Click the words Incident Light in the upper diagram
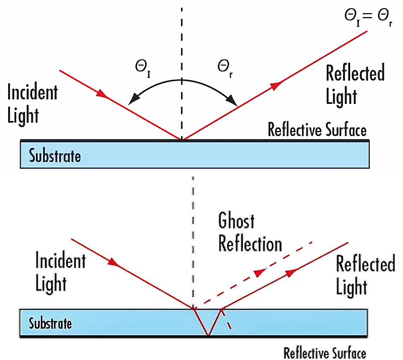click(32, 104)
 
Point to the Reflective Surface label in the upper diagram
click(317, 130)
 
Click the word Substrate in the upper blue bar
click(54, 156)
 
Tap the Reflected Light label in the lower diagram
click(365, 274)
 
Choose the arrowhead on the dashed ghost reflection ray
click(259, 273)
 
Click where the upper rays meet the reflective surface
click(182, 139)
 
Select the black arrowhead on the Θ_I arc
click(130, 100)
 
